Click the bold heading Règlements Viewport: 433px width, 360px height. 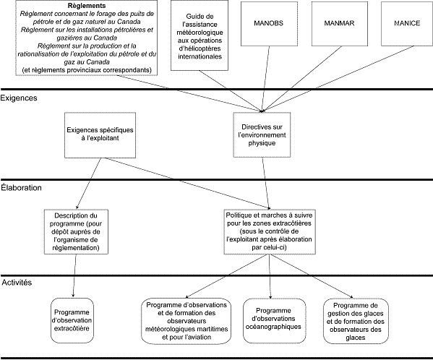pos(86,5)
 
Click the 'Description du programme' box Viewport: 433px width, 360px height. pos(75,231)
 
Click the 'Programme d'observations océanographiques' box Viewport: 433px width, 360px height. pos(271,319)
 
